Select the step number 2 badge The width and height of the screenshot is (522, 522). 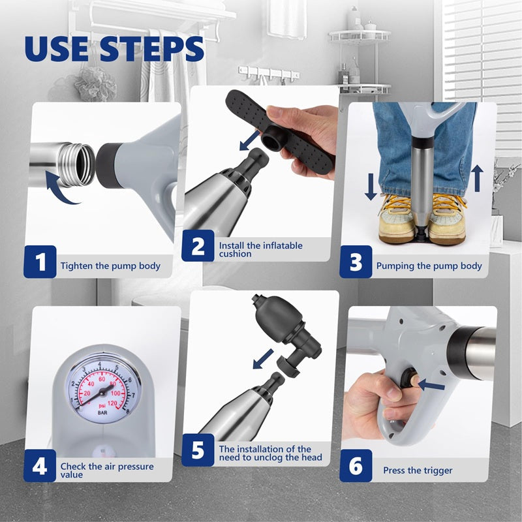198,247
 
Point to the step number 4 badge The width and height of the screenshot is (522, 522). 40,467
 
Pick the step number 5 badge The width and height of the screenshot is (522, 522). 198,451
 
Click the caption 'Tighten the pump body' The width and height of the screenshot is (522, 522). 110,266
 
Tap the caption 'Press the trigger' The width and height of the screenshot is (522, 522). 417,470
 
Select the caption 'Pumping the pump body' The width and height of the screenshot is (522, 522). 429,266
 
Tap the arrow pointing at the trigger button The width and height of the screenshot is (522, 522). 431,386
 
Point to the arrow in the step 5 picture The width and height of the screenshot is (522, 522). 263,358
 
